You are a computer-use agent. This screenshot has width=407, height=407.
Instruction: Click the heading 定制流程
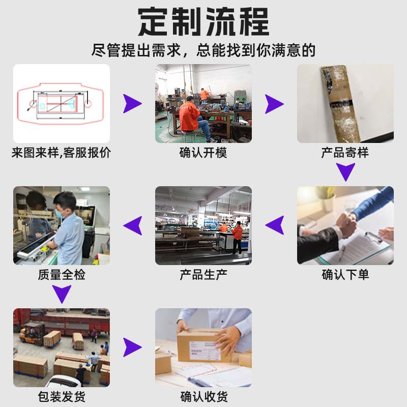[x=203, y=21]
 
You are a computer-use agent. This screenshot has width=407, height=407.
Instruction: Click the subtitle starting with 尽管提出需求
[x=203, y=50]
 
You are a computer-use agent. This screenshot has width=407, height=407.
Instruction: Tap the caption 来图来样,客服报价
[x=61, y=152]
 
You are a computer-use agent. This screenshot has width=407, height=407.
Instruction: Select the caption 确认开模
[x=203, y=152]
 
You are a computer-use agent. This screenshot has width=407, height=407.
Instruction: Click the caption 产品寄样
[x=345, y=152]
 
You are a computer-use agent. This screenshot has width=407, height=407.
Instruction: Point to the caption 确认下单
[x=345, y=275]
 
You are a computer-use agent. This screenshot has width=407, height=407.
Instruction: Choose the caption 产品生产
[x=203, y=275]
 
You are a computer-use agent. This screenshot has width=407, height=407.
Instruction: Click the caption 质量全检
[x=61, y=275]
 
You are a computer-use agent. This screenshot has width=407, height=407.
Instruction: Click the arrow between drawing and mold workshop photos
[x=132, y=103]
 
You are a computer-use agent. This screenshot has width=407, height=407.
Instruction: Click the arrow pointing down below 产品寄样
[x=345, y=172]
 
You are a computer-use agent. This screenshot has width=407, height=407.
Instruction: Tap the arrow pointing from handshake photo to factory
[x=275, y=225]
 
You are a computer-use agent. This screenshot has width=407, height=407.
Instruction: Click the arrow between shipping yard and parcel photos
[x=132, y=347]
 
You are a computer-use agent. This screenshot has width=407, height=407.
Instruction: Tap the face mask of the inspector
[x=60, y=214]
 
